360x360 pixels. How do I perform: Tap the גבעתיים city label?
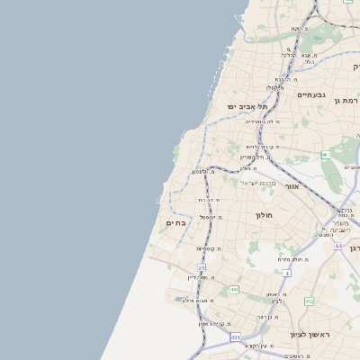pyautogui.click(x=311, y=94)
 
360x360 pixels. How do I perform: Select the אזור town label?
pyautogui.click(x=292, y=186)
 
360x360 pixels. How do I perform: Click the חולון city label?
pyautogui.click(x=264, y=215)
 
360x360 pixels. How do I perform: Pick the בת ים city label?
pyautogui.click(x=176, y=222)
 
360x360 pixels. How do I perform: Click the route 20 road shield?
pyautogui.click(x=202, y=267)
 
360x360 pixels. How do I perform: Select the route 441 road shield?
pyautogui.click(x=234, y=290)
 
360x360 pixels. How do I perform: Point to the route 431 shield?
pyautogui.click(x=235, y=337)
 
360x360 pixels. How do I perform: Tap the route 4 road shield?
pyautogui.click(x=287, y=273)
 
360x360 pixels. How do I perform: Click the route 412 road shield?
pyautogui.click(x=310, y=301)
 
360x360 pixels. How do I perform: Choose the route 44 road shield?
pyautogui.click(x=338, y=246)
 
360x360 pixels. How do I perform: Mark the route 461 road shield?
pyautogui.click(x=326, y=156)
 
